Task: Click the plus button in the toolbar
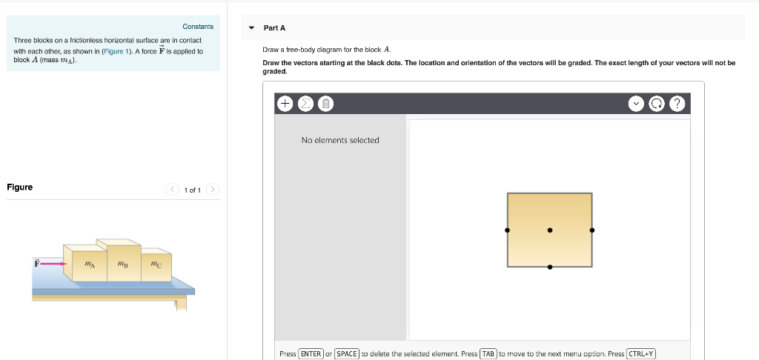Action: point(285,104)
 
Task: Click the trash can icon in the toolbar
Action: point(325,104)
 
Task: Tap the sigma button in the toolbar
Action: point(305,104)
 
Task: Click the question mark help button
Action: point(677,104)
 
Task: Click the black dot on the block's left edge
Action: point(507,230)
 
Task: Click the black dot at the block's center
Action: point(549,230)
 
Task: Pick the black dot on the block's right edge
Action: point(591,230)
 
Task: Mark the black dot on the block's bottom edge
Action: point(549,267)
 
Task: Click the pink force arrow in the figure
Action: point(52,262)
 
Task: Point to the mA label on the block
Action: point(89,264)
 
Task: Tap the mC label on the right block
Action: point(156,264)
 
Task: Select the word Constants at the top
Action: point(198,27)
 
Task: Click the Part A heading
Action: point(274,27)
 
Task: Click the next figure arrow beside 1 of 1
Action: point(213,190)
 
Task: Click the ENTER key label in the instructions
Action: point(311,353)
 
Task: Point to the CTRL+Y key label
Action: point(641,353)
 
